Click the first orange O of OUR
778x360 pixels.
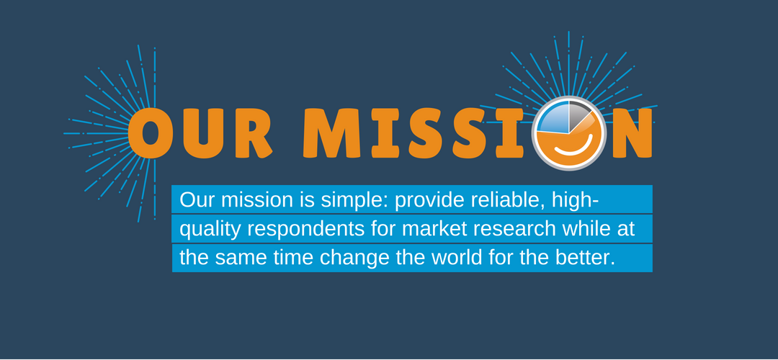151,133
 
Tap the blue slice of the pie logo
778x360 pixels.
553,118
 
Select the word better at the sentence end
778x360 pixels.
586,258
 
